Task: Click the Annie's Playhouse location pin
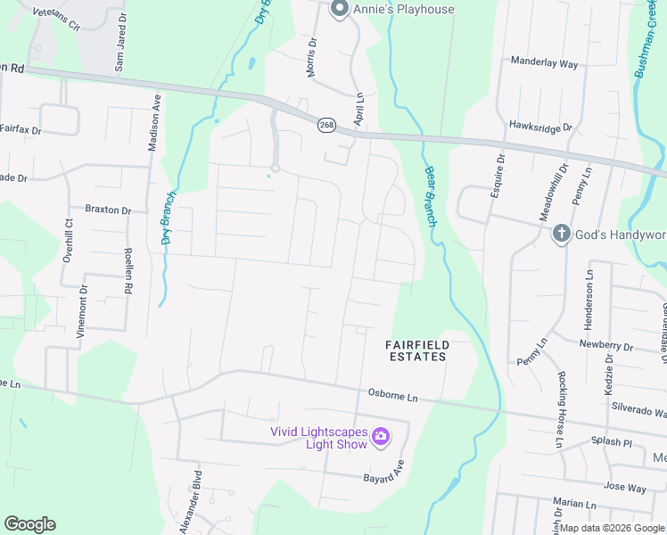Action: point(339,9)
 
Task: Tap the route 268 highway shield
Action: point(326,125)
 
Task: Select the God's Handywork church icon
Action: point(561,234)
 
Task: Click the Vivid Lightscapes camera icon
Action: point(381,435)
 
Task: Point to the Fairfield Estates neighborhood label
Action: point(416,350)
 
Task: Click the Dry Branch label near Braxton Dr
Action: point(169,218)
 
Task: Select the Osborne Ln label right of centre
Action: point(392,394)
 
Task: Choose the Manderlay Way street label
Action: point(544,63)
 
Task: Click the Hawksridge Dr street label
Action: point(540,128)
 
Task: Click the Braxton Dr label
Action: point(108,210)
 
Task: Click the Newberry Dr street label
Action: point(605,345)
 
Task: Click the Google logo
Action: point(29,524)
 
